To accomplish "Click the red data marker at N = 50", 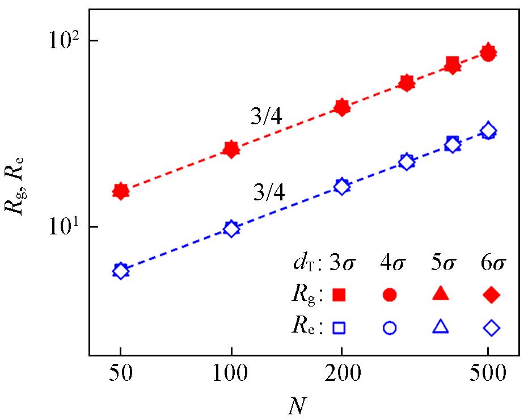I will click(120, 191).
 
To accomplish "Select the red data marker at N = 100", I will click(231, 149).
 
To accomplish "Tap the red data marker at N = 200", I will click(341, 107).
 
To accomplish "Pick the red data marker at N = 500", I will click(488, 53).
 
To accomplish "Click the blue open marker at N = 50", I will click(120, 271).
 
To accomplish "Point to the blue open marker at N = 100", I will click(231, 229).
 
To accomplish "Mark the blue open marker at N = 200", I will click(341, 186).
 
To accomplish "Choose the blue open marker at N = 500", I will click(488, 132).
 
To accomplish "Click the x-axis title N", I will click(296, 407).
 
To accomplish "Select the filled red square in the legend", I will click(339, 294).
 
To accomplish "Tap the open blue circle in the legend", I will click(390, 327).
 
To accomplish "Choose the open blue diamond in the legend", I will click(492, 327).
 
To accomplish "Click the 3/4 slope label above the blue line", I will click(269, 194).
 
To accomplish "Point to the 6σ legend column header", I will click(491, 264).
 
